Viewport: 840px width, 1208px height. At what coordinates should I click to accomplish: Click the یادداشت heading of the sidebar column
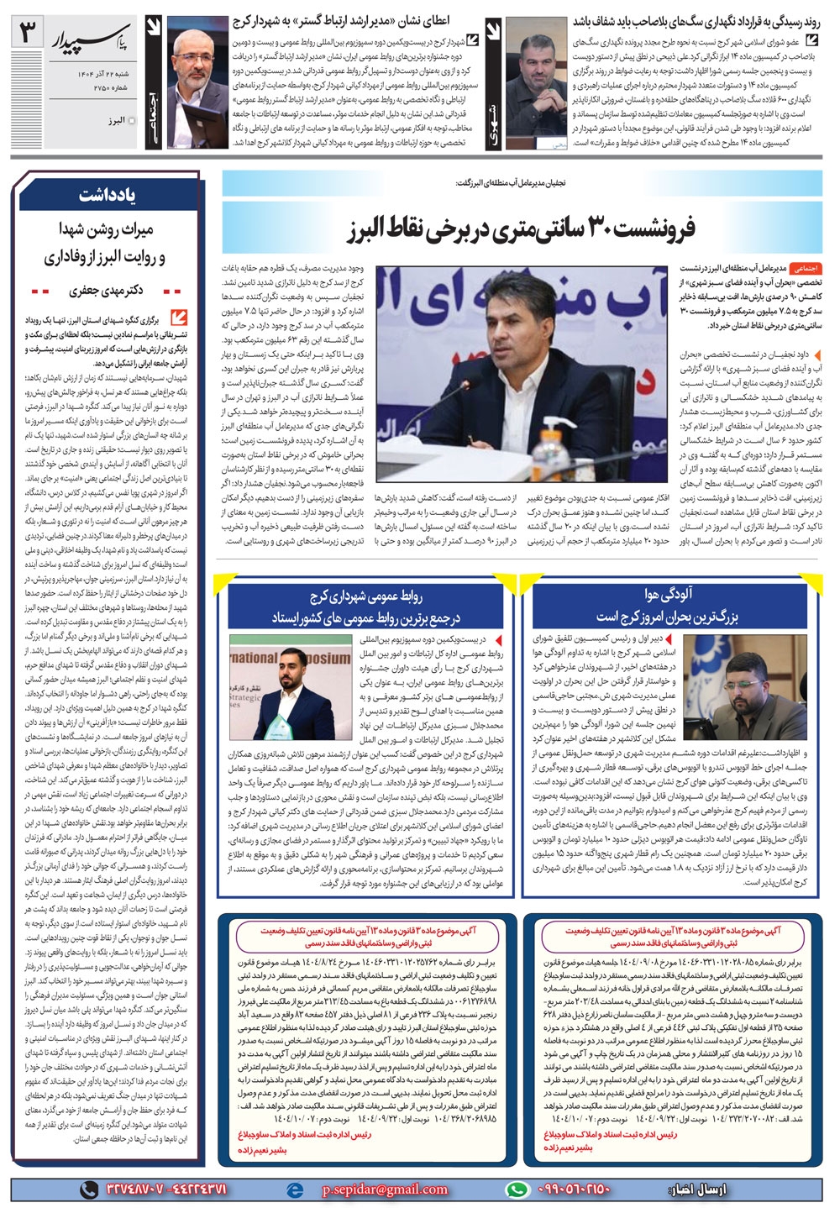(106, 195)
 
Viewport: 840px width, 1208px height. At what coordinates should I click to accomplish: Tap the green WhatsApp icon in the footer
(518, 1190)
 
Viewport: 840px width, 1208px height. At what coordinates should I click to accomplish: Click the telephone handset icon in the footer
(87, 1190)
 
